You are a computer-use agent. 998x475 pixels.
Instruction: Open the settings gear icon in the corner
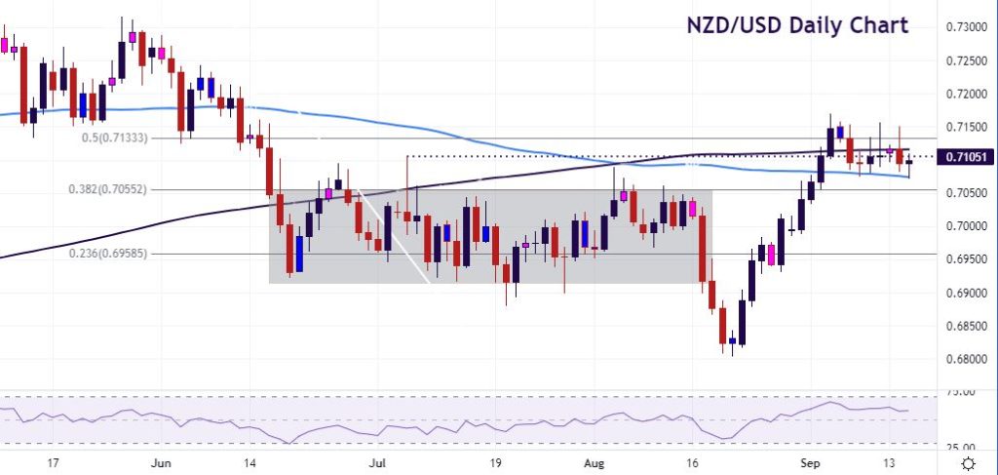coord(968,461)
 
